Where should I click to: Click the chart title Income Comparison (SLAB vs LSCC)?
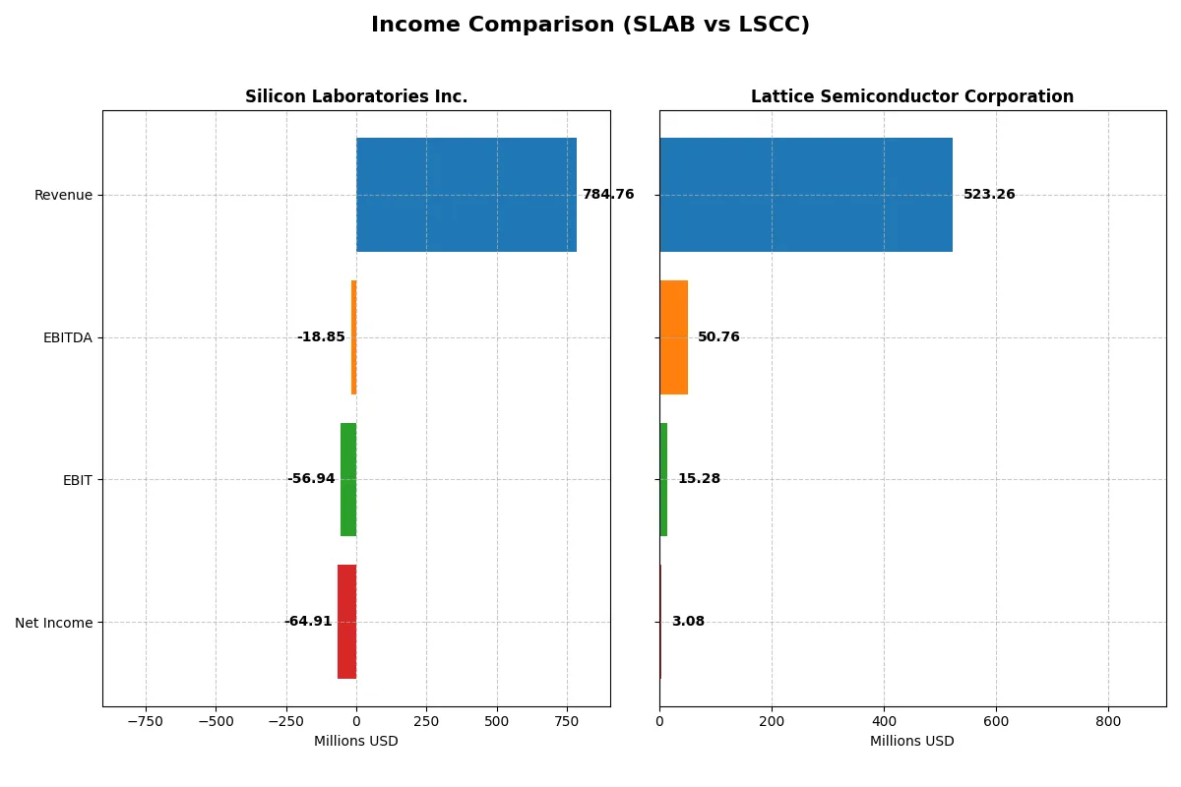point(590,26)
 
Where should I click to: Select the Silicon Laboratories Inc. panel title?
point(356,96)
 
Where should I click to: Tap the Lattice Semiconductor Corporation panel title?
point(912,96)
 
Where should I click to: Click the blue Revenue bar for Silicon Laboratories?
point(466,195)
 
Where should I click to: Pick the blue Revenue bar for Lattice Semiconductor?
point(806,195)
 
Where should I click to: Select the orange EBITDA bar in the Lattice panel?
point(673,337)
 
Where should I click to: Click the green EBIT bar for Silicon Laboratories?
point(348,480)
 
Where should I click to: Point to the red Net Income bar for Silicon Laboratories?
point(346,622)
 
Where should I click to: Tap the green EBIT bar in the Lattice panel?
point(663,480)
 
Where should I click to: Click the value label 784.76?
point(608,195)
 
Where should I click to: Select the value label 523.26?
point(989,195)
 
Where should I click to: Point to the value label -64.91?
point(308,622)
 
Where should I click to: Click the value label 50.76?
point(718,337)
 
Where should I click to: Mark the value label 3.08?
point(688,622)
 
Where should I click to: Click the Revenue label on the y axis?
point(63,195)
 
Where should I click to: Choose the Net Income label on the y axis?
point(54,623)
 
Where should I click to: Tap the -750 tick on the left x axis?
point(146,721)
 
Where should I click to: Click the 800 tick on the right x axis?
point(1108,721)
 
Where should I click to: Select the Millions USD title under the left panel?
point(356,741)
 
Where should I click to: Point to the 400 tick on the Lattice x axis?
point(884,721)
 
